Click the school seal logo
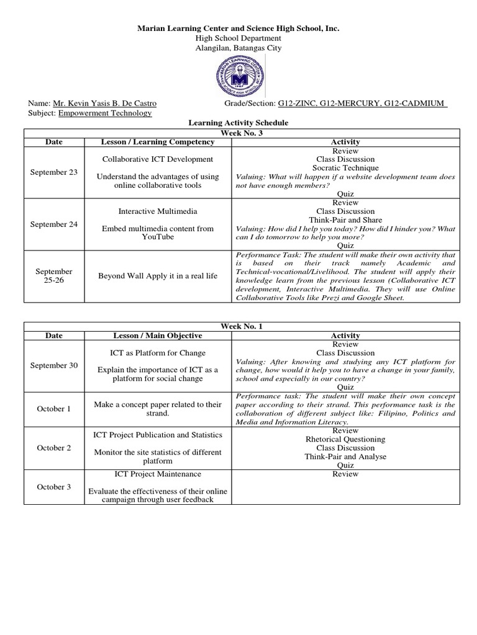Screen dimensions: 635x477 point(238,76)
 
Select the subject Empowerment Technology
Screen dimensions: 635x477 point(104,113)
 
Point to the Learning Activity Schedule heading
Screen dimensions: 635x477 point(238,123)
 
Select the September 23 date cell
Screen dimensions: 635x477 point(54,172)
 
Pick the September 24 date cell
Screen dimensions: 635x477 point(54,224)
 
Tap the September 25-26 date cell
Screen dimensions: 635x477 point(54,276)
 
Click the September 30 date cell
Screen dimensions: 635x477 point(54,366)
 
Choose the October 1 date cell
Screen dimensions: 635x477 point(54,409)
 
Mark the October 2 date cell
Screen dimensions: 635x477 point(54,448)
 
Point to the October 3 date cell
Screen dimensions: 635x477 point(54,487)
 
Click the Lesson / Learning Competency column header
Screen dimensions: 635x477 point(158,142)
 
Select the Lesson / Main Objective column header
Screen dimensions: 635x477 point(158,335)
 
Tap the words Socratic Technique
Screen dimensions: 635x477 point(345,168)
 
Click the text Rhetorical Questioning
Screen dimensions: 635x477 point(345,439)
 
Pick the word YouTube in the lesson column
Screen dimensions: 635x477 point(158,237)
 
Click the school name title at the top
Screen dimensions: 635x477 point(238,29)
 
